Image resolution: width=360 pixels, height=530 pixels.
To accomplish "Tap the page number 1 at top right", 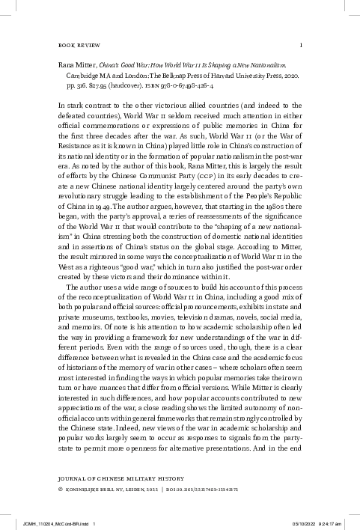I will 300,44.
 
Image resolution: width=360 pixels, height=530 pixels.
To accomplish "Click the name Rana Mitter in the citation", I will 78,65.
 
